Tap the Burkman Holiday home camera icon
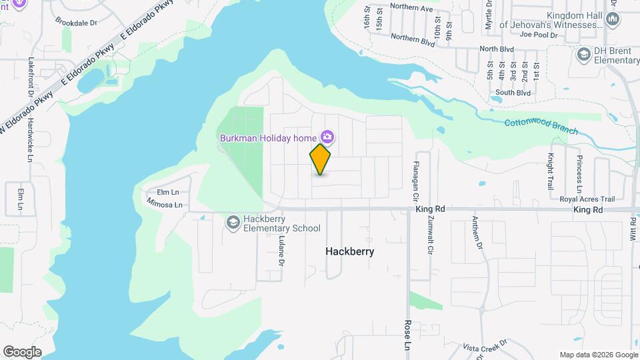click(327, 137)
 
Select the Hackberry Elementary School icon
click(233, 221)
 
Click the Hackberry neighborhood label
click(349, 252)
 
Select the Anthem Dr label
click(477, 231)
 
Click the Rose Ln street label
click(407, 335)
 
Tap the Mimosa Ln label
click(164, 205)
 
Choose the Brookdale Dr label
click(75, 22)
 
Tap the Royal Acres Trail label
click(587, 199)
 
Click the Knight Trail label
click(551, 171)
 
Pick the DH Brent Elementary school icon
click(584, 54)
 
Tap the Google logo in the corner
click(22, 352)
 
